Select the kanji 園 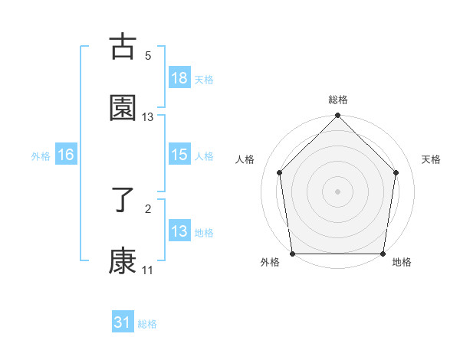tap(123, 108)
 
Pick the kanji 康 tap(123, 261)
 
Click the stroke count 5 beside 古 tap(148, 56)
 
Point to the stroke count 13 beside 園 tap(148, 117)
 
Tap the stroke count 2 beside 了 tap(148, 208)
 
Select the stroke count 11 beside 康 tap(148, 270)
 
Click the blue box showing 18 tap(179, 77)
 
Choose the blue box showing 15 tap(179, 155)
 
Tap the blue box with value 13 tap(179, 231)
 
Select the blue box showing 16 tap(66, 155)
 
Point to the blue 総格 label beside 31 tap(147, 324)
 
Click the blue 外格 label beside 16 tap(41, 155)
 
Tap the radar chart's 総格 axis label tap(338, 100)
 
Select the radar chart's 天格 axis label tap(432, 159)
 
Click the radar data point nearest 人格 tap(279, 172)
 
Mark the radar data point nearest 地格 tap(383, 254)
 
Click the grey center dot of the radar tap(338, 191)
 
